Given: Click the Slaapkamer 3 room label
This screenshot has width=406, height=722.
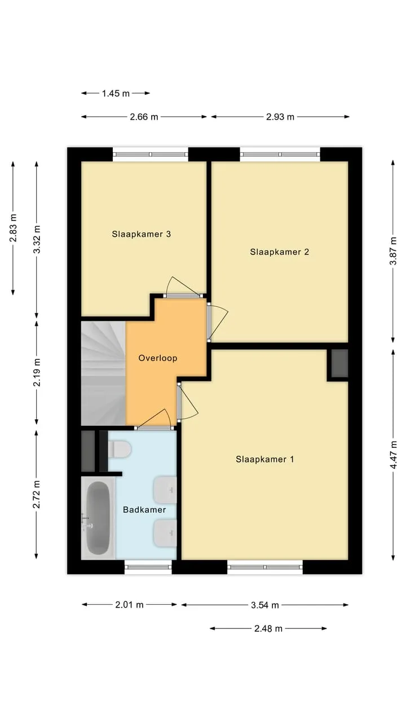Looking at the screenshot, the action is pos(141,234).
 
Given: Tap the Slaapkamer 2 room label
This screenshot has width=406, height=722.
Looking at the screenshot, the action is pos(279,252).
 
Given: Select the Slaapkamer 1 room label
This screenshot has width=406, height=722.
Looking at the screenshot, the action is pos(265,459).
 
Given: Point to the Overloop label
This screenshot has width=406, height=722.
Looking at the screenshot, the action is pos(158,358).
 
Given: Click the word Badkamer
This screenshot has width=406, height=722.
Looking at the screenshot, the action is pos(144,509).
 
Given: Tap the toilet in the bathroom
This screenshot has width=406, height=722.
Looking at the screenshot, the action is pos(120,449).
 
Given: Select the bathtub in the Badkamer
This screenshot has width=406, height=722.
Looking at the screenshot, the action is pos(98,518).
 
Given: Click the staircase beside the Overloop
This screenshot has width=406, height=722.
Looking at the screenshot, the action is pos(103,373).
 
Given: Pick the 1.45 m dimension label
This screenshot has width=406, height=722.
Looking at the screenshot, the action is pos(116,94).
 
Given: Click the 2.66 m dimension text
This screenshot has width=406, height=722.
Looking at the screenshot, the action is pos(144,117).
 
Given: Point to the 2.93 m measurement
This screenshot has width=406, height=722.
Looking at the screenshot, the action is pos(280,117).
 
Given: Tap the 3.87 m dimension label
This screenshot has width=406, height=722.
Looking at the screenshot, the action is pos(393,251).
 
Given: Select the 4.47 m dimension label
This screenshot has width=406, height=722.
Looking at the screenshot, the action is pos(393,455).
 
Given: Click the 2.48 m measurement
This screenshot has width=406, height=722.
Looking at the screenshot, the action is pos(268,628).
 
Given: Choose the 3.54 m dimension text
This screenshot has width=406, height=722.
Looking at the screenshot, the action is pos(264,605).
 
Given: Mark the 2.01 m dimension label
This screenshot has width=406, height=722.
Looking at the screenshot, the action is pos(129,605).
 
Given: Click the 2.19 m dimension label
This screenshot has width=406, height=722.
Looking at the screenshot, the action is pos(37,372).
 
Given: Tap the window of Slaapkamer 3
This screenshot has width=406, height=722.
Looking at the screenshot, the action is pos(151,155).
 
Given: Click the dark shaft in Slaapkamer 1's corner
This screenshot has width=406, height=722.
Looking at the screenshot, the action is pos(340,363).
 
